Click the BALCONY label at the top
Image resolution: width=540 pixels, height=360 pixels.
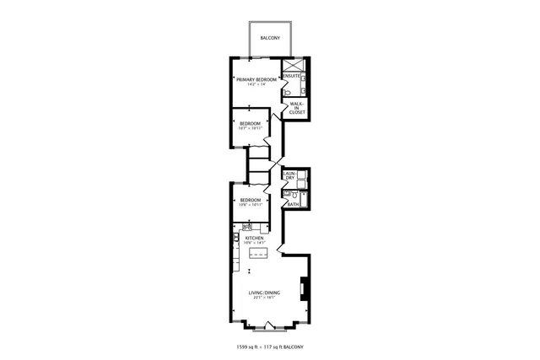[x=270, y=39]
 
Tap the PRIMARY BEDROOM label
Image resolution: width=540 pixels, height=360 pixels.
[x=256, y=79]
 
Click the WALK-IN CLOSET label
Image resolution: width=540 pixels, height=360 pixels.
[x=296, y=107]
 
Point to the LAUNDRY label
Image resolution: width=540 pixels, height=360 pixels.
[x=289, y=176]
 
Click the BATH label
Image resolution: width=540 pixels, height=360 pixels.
[x=292, y=204]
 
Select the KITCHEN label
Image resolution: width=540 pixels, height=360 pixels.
[x=254, y=238]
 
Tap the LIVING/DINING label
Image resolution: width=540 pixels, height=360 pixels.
[x=264, y=293]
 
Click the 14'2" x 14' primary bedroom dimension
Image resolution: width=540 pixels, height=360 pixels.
[x=256, y=84]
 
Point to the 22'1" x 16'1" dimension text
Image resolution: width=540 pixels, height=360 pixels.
[x=264, y=298]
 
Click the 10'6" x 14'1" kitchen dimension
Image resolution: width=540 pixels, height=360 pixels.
[x=254, y=243]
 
